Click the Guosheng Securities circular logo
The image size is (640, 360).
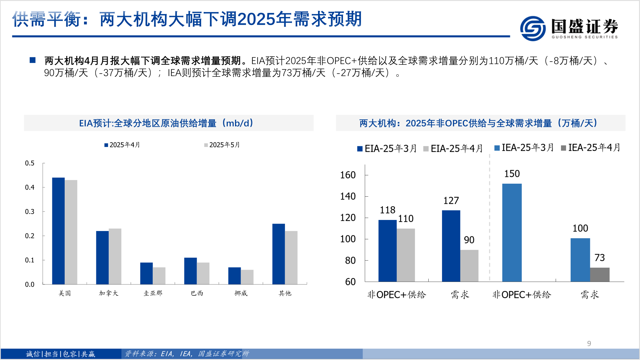[x=533, y=29]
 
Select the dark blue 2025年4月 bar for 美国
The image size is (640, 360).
[x=58, y=231]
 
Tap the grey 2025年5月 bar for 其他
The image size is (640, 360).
[x=291, y=257]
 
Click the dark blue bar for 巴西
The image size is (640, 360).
[x=190, y=271]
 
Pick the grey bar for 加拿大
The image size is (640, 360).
[x=115, y=256]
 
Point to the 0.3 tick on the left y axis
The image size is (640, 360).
[x=30, y=212]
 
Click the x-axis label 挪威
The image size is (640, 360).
[x=241, y=293]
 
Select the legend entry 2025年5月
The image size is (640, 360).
[x=222, y=145]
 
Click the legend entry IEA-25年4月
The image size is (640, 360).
[x=591, y=148]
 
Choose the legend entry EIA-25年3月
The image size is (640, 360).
[x=387, y=149]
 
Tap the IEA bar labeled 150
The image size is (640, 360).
[x=512, y=232]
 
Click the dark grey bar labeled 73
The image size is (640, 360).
[x=600, y=274]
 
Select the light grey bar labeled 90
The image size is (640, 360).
[x=469, y=266]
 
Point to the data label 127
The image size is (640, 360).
[x=451, y=201]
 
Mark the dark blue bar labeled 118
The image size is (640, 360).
[x=387, y=251]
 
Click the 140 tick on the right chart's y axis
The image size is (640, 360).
[x=348, y=196]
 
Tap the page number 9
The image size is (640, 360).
[x=589, y=344]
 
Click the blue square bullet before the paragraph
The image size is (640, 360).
[x=33, y=60]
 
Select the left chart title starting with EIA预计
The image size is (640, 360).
[x=166, y=123]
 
